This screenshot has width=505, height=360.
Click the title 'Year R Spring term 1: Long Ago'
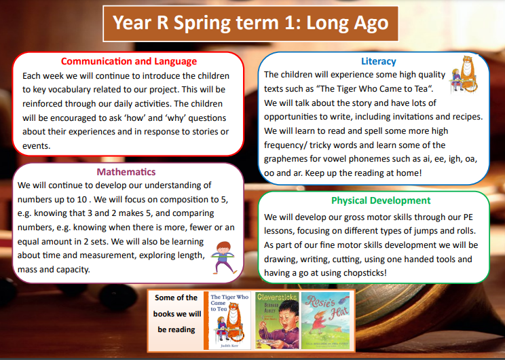click(x=250, y=24)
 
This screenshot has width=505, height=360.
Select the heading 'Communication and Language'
click(x=129, y=61)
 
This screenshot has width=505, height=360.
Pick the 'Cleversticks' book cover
click(x=276, y=321)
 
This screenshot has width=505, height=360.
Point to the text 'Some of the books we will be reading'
click(x=176, y=313)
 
